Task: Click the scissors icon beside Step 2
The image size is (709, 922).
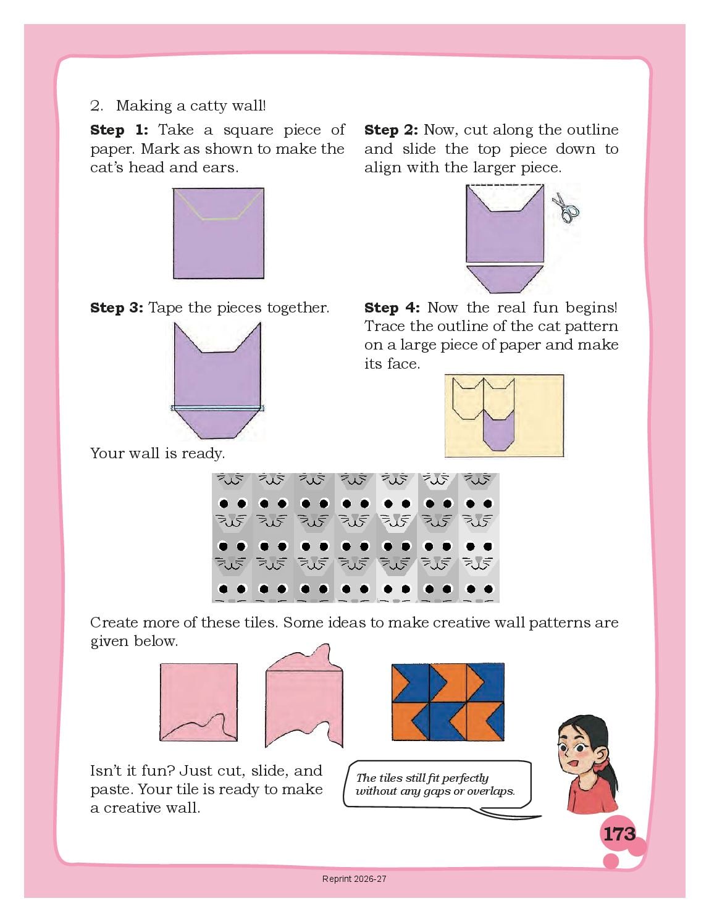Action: coord(565,207)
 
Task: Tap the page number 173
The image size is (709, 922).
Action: coord(619,834)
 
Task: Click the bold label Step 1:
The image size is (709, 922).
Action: coord(119,130)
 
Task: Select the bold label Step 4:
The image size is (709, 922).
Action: coord(392,308)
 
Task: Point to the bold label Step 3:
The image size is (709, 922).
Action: coord(117,308)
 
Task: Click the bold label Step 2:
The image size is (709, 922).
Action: coord(391,130)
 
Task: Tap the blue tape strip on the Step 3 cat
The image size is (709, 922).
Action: coord(217,408)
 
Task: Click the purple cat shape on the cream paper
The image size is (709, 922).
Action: coord(499,430)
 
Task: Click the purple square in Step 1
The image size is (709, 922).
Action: coord(219,233)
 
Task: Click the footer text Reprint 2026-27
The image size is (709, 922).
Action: coord(354,879)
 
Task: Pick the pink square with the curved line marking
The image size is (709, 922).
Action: coord(199,702)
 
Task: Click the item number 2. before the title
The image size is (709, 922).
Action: coord(96,106)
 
